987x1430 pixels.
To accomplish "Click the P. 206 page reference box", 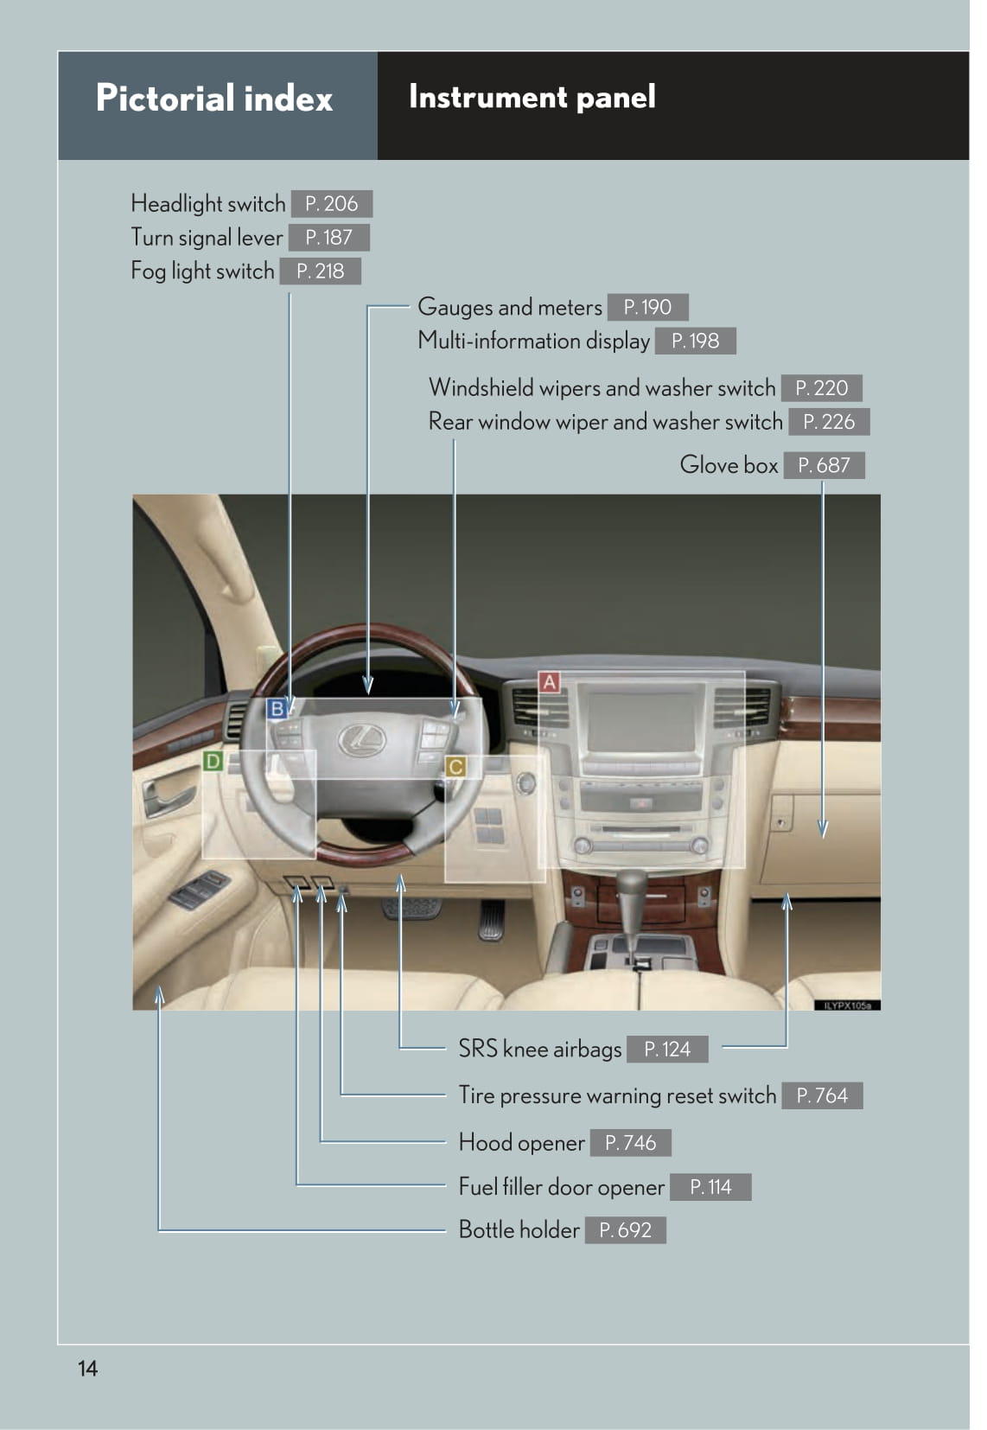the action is coord(332,204).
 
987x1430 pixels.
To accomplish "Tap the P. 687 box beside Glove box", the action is coord(824,465).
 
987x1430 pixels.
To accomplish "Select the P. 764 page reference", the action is coord(823,1095).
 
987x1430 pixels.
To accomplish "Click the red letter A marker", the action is coord(550,682).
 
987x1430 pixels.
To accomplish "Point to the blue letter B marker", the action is coord(277,709).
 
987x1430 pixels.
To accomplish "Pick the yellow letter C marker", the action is coord(455,767).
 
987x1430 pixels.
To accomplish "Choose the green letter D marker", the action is coord(213,761).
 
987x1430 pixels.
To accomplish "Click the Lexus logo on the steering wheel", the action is coord(362,740).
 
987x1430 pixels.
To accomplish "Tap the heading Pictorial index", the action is coord(214,99).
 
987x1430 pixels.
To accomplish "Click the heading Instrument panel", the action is coord(532,97).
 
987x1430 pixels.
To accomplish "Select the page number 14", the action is coord(87,1368).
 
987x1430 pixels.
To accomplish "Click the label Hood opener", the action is coord(521,1143).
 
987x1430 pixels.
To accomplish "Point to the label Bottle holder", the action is coord(519,1229).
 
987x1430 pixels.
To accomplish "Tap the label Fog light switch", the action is coord(202,271).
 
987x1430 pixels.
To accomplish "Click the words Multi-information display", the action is coord(533,341).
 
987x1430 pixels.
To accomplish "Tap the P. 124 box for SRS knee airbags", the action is coord(667,1049).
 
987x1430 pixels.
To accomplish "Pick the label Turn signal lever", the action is coord(207,238).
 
